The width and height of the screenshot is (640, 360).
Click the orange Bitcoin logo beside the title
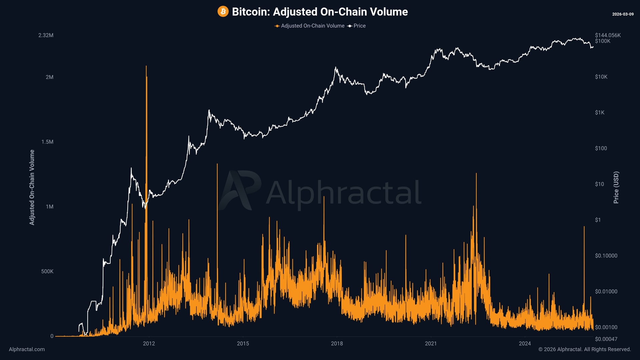(x=223, y=12)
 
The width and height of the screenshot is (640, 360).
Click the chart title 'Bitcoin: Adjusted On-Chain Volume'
(x=320, y=12)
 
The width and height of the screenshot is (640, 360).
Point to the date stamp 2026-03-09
(x=623, y=14)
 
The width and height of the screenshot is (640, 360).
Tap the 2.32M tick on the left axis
(x=46, y=35)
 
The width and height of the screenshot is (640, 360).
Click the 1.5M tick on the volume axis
(x=47, y=142)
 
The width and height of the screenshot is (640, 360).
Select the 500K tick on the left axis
(x=47, y=271)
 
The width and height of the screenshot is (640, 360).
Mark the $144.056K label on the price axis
(x=608, y=35)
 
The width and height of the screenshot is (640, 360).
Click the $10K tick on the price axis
(x=601, y=77)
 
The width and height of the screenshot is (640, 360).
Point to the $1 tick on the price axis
(x=598, y=220)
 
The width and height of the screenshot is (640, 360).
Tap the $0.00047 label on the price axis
(x=606, y=339)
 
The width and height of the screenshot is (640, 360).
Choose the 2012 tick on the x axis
(x=149, y=344)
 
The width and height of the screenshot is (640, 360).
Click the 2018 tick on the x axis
(x=337, y=344)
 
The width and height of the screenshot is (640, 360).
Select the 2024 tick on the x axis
(x=525, y=344)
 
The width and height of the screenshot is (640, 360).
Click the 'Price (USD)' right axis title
(x=616, y=187)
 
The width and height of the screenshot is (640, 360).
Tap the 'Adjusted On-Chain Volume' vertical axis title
(x=32, y=187)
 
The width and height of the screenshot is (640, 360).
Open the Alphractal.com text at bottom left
(x=27, y=349)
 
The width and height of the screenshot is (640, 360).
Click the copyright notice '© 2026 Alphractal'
(x=584, y=349)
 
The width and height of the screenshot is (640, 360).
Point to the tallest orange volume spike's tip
(x=146, y=66)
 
